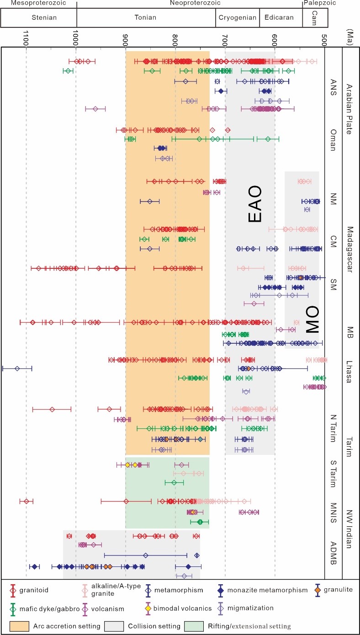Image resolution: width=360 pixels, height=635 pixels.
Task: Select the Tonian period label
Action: coord(146,18)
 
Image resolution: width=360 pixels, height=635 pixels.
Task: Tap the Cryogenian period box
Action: coord(237,18)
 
